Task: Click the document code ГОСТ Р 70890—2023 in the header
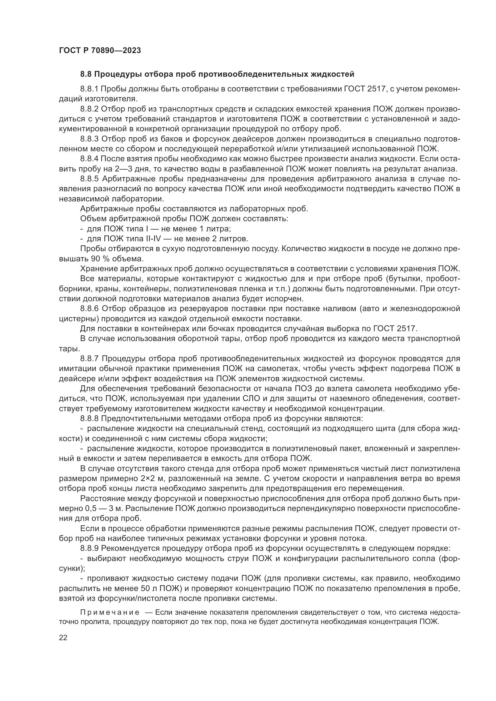click(x=100, y=50)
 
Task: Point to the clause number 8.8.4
click(x=89, y=159)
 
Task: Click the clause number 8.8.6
click(x=89, y=309)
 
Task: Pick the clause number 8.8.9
click(x=89, y=548)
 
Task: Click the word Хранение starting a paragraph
click(x=99, y=269)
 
